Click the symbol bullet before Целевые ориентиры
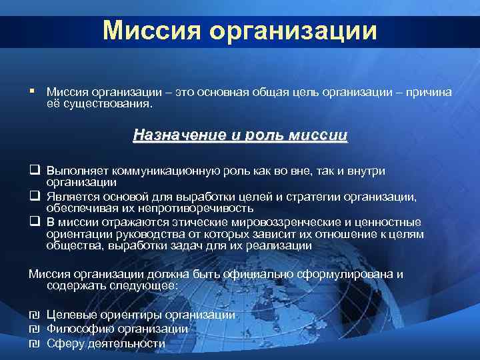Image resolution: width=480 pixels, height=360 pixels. [34, 315]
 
